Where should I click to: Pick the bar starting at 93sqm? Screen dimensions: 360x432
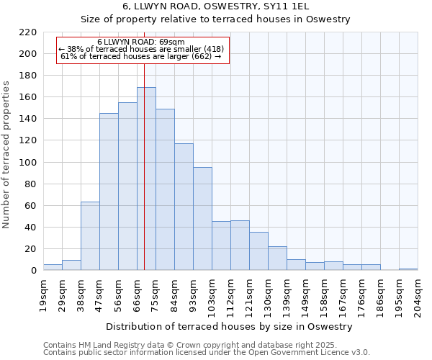[202, 219]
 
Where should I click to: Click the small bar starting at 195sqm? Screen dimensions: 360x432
[408, 269]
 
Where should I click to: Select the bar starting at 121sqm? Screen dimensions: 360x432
[258, 251]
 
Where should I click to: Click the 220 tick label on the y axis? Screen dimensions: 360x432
[27, 32]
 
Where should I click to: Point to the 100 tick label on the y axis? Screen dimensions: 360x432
[27, 163]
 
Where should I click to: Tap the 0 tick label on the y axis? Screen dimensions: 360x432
[33, 271]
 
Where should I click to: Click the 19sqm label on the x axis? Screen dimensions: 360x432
[43, 293]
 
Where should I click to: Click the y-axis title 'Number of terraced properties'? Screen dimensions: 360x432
[6, 154]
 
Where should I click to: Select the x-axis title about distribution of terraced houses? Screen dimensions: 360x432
[230, 326]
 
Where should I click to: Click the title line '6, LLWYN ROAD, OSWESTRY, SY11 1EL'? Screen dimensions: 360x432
[215, 6]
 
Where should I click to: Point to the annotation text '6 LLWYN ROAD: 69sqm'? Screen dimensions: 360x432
[141, 42]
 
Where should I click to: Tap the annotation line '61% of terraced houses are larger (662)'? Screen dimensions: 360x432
[141, 56]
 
